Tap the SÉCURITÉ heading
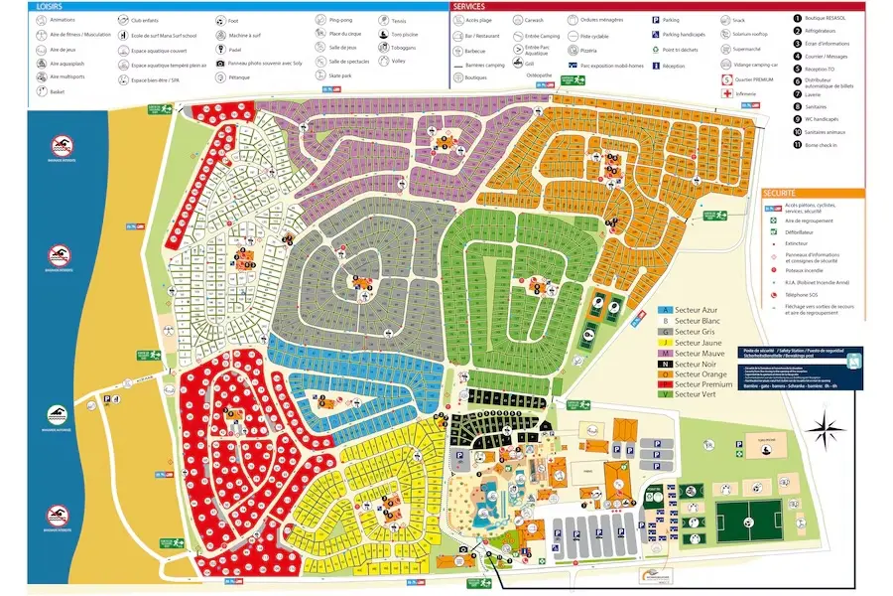(782, 193)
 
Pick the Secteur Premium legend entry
(702, 385)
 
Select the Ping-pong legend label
(340, 19)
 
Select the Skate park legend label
(340, 74)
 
